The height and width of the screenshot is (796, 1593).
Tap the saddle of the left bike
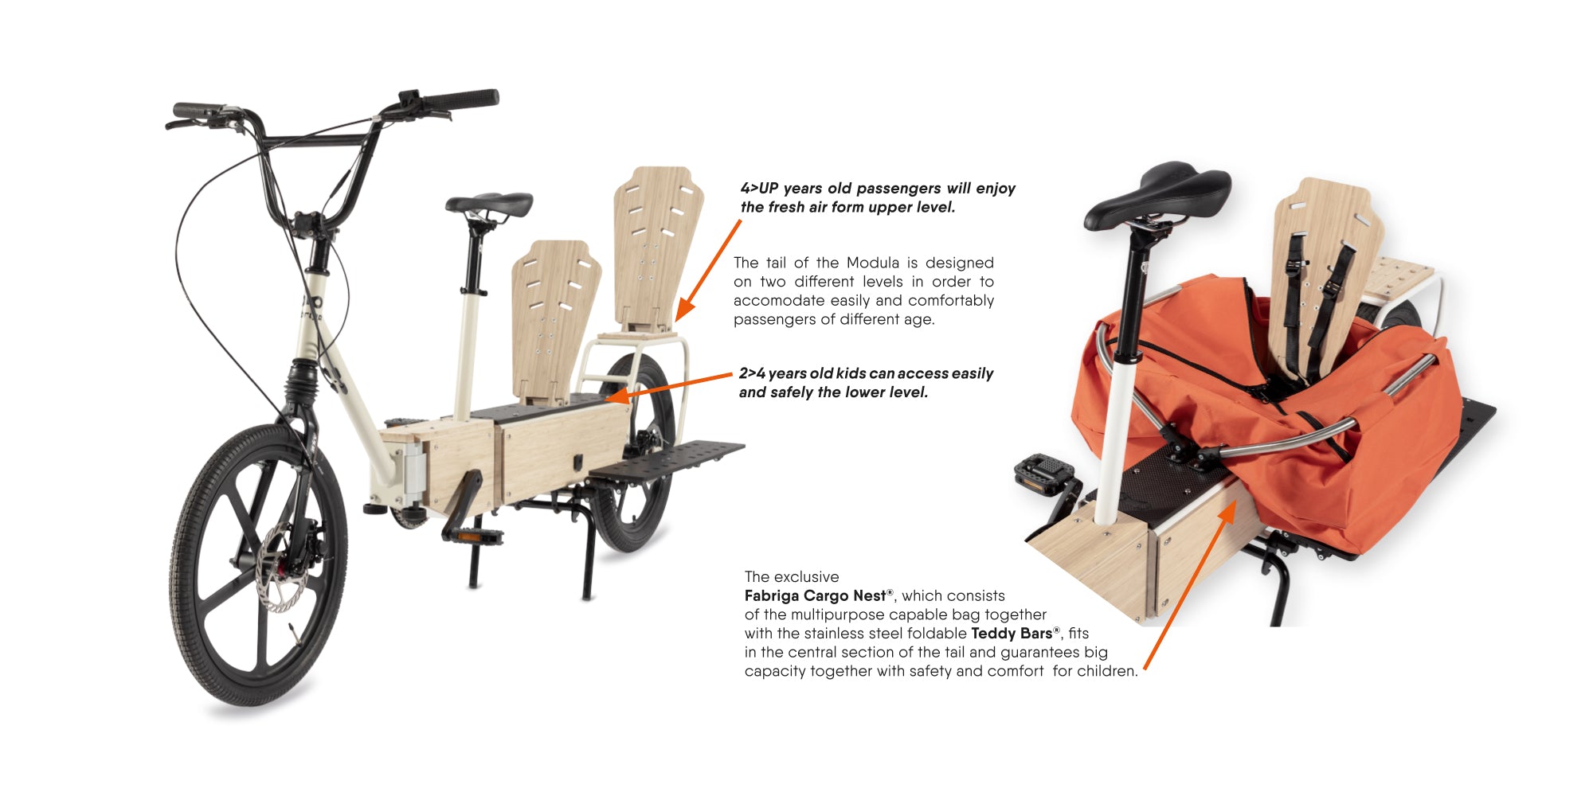pyautogui.click(x=489, y=205)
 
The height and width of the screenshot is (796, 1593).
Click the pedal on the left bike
pyautogui.click(x=472, y=536)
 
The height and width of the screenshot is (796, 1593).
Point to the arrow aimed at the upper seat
pyautogui.click(x=708, y=271)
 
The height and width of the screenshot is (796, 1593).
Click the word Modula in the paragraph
pyautogui.click(x=872, y=263)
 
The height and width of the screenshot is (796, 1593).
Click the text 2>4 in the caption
pyautogui.click(x=752, y=373)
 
